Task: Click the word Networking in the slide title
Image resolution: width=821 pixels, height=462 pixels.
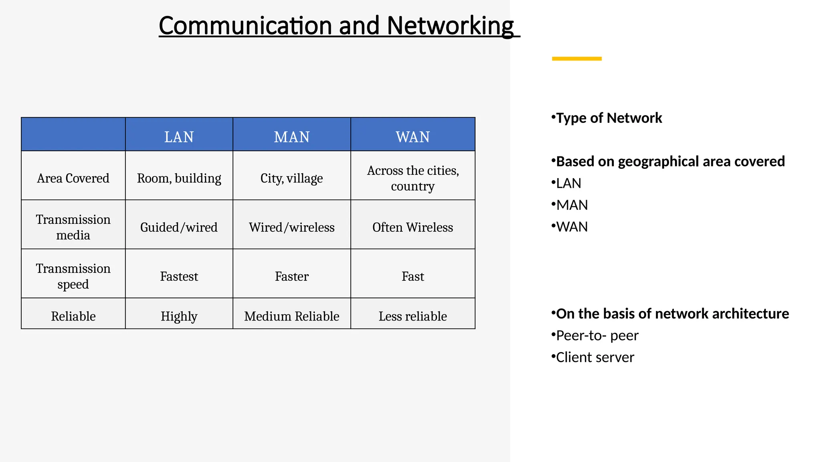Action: pos(450,26)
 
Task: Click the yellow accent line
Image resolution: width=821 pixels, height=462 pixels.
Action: pos(576,59)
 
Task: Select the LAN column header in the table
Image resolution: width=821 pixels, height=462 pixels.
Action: pos(179,137)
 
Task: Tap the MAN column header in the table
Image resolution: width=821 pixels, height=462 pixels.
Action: pos(292,137)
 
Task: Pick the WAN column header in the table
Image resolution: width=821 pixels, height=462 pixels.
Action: pos(413,137)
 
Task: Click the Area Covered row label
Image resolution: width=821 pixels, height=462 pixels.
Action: pos(73,178)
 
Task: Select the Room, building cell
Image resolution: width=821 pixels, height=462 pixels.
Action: pos(179,178)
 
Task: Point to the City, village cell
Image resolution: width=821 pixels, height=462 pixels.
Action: pos(291,178)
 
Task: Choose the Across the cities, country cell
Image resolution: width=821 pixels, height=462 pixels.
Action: pos(413,178)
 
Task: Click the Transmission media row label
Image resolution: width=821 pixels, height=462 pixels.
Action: pos(73,227)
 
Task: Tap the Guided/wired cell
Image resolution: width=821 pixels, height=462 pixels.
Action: pos(179,227)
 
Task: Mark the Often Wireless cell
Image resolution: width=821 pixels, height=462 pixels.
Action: pos(413,227)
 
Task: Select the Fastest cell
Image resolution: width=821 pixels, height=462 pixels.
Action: pos(179,276)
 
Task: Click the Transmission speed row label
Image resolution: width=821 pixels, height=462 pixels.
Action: pos(73,276)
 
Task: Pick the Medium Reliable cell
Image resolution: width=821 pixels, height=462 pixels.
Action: pos(291,316)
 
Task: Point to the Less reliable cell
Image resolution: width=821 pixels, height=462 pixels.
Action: pos(413,316)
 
